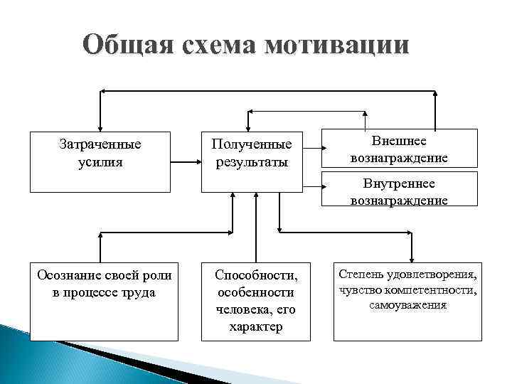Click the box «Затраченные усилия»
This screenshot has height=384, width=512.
[100, 161]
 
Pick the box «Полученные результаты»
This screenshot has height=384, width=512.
[252, 161]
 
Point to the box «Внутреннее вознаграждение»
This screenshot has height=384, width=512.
[399, 190]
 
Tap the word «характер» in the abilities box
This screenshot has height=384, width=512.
[256, 327]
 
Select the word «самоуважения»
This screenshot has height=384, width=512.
[407, 305]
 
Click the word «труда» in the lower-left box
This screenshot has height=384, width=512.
[139, 292]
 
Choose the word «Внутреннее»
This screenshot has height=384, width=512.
[399, 184]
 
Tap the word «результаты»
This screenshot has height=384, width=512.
[252, 162]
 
